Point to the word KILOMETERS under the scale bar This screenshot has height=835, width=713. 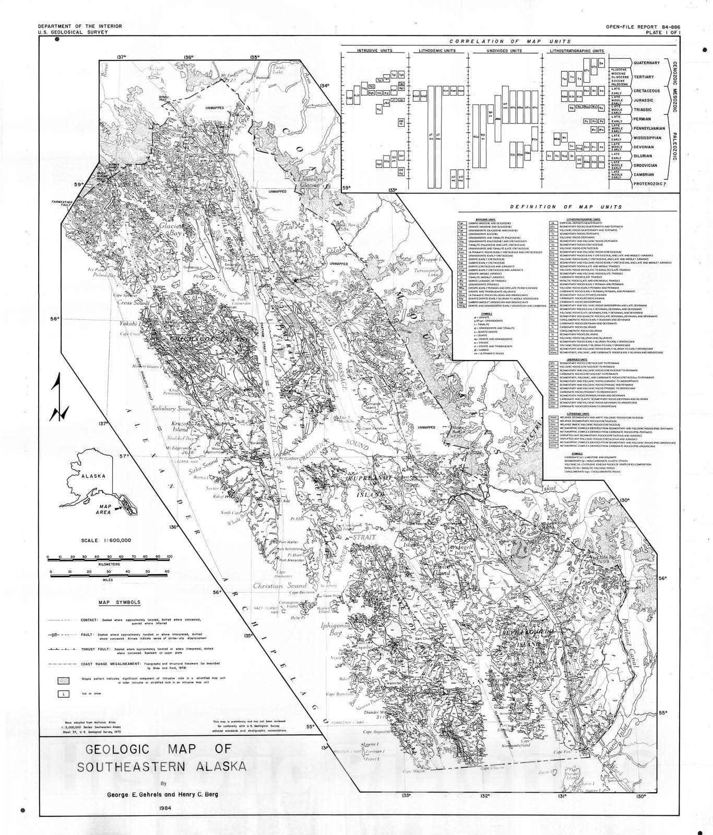tap(109, 564)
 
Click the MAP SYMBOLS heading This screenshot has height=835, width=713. tap(120, 602)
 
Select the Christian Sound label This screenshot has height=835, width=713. tap(275, 586)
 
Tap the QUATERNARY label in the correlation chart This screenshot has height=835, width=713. tap(646, 63)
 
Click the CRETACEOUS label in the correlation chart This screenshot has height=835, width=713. tap(647, 91)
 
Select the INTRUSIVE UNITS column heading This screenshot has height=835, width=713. tap(374, 51)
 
